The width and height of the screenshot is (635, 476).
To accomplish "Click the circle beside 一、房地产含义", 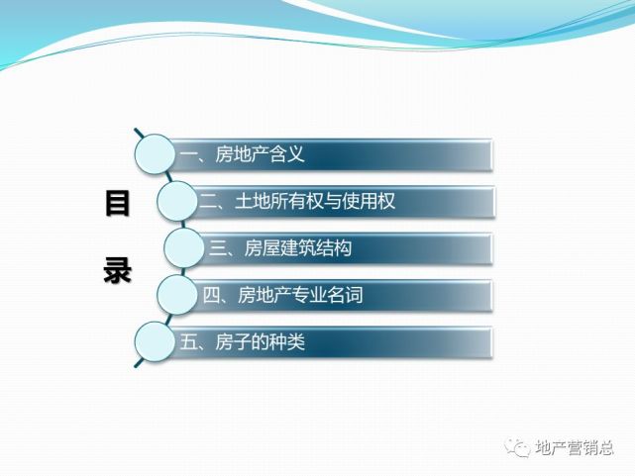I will (158, 153).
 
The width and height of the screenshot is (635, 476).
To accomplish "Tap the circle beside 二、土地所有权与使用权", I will (178, 201).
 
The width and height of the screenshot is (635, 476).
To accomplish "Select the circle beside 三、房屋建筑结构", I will (185, 247).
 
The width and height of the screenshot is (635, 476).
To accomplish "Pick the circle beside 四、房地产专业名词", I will (178, 294).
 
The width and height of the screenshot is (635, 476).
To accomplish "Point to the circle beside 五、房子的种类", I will (158, 341).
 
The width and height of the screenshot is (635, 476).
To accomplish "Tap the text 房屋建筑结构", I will (298, 247).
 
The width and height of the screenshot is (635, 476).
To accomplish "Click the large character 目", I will (117, 205).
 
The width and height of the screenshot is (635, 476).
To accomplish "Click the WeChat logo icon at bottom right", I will (517, 446).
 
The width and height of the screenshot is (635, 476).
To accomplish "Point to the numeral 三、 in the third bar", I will (220, 247).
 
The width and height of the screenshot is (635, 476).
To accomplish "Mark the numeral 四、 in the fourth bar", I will (213, 295).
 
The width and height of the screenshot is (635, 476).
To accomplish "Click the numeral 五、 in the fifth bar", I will (192, 342).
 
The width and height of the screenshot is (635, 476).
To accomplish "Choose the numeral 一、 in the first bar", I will (191, 154).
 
